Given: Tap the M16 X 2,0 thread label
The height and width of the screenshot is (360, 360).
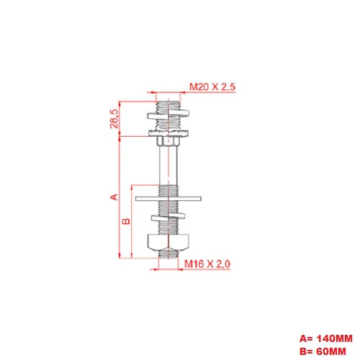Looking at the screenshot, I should click(x=207, y=265).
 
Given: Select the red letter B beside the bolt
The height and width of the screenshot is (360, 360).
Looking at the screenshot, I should click(x=125, y=222).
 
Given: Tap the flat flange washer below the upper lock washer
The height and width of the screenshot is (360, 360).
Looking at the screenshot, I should click(x=168, y=132).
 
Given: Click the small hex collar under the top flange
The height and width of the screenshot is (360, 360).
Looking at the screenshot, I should click(x=168, y=140).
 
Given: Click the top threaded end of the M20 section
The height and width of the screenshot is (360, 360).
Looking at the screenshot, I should click(x=168, y=99).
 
